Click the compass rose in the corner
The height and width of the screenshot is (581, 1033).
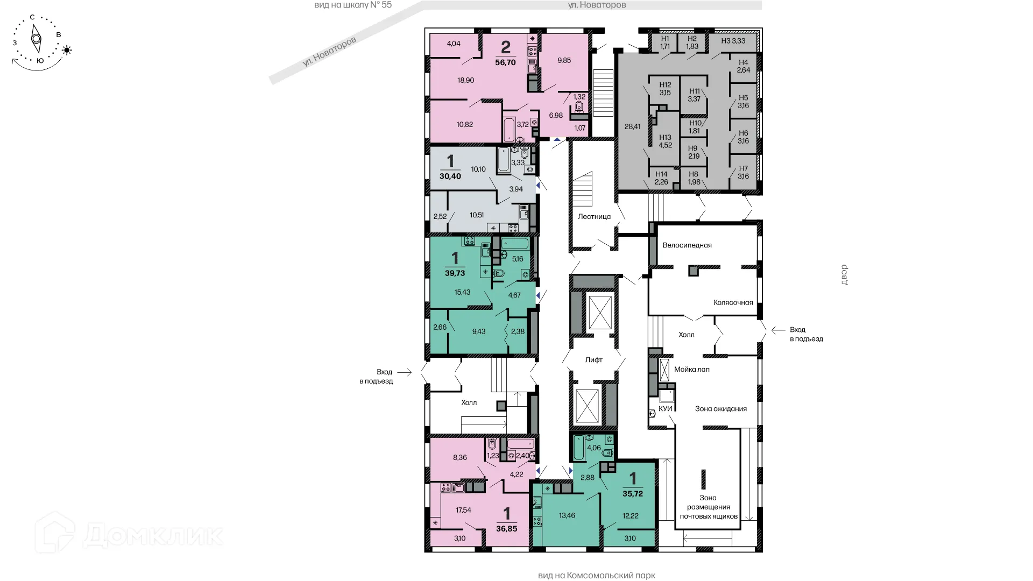(36, 39)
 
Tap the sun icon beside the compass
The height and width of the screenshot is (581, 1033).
(67, 51)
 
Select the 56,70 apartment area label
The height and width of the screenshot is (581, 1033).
(505, 62)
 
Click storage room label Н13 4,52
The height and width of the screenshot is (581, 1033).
(666, 141)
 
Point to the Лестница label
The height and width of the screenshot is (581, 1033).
(594, 217)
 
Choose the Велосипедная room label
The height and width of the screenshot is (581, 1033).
(687, 245)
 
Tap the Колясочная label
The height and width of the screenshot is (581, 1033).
(733, 303)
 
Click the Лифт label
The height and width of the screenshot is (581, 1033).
(594, 360)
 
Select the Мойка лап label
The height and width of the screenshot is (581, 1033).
(692, 370)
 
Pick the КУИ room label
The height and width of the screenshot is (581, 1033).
(666, 409)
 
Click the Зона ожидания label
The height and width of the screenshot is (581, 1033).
(720, 409)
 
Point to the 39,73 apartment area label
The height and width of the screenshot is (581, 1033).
(455, 273)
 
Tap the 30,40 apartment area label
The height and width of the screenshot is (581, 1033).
(450, 176)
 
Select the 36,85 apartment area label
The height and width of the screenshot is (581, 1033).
(506, 529)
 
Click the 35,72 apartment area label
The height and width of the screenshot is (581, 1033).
(633, 493)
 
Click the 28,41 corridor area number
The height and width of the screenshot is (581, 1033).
(632, 127)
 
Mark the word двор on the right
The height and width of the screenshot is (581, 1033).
(844, 275)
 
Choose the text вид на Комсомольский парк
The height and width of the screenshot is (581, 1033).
(596, 576)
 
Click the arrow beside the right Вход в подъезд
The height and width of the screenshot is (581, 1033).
(777, 330)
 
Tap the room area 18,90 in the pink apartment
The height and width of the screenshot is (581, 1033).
(465, 80)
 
